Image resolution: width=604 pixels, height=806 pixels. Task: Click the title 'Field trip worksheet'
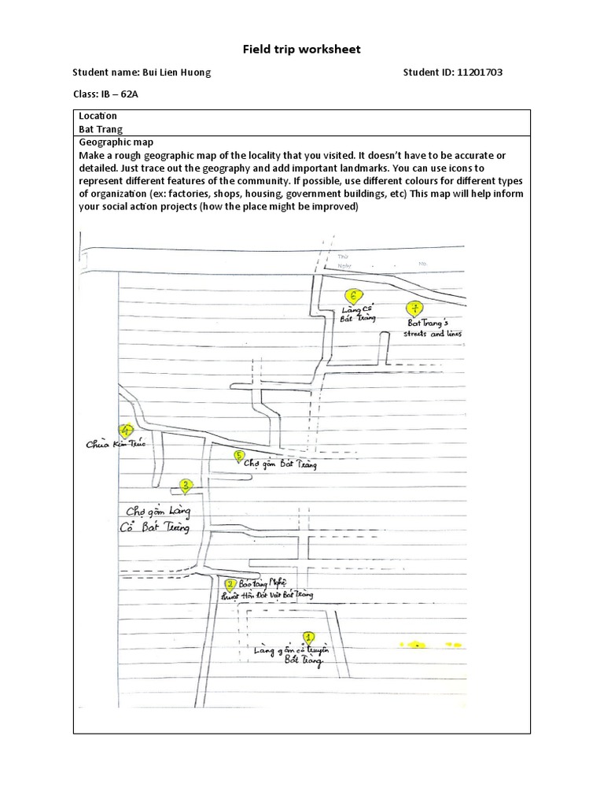click(x=301, y=49)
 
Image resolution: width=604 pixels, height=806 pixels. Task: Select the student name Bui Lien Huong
click(x=176, y=72)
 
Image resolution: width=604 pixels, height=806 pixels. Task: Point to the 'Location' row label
click(x=98, y=116)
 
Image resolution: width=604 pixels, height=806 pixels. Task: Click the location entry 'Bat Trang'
click(x=100, y=129)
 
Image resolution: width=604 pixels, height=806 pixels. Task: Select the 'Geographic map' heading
click(x=116, y=142)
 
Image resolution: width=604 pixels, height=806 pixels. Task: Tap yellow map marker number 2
click(x=230, y=585)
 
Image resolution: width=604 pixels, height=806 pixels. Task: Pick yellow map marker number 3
click(x=186, y=486)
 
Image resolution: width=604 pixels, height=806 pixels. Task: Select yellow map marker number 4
click(x=124, y=431)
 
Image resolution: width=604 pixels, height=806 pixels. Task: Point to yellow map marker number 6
click(x=354, y=297)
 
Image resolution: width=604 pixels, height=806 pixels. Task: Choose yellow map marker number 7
click(x=414, y=309)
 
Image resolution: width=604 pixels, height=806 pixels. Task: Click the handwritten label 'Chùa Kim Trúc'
click(x=116, y=444)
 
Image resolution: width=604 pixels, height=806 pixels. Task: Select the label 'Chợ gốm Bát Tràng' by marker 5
click(x=281, y=464)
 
